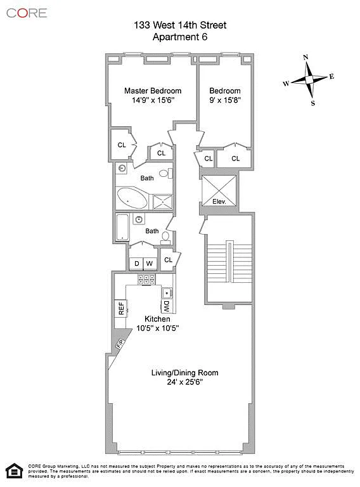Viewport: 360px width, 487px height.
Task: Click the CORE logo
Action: [27, 13]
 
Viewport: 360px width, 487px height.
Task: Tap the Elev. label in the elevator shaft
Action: [219, 202]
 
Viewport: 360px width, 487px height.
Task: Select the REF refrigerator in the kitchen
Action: [120, 308]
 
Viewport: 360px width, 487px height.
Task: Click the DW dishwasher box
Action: [166, 306]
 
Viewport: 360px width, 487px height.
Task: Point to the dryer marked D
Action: [136, 264]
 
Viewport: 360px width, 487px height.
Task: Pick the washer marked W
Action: [150, 264]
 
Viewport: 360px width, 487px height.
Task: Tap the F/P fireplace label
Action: [120, 344]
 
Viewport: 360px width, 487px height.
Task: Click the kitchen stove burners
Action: [146, 280]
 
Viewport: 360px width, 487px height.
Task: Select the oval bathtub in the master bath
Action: [132, 198]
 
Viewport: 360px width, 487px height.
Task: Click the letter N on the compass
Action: [305, 57]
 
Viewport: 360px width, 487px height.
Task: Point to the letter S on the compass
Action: [313, 103]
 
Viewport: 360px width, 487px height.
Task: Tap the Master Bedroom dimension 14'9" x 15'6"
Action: [153, 100]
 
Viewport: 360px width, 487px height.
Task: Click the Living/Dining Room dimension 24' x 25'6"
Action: [184, 382]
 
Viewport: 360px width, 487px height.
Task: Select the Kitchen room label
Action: [157, 319]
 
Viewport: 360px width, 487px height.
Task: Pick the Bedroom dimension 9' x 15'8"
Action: [225, 100]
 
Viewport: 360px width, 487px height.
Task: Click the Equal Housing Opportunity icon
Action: [15, 471]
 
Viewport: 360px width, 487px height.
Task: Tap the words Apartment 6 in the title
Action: [180, 37]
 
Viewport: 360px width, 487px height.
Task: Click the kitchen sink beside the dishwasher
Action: [167, 293]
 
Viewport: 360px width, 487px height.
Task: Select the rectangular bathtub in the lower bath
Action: [122, 227]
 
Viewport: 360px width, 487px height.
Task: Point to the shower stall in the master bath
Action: [163, 202]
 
